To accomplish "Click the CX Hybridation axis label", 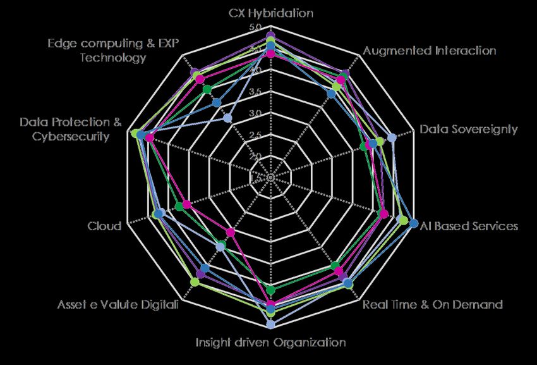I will pyautogui.click(x=270, y=13).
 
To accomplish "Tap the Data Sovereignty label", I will pyautogui.click(x=468, y=129).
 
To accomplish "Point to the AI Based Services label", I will pyautogui.click(x=469, y=226).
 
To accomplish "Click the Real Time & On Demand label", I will pyautogui.click(x=433, y=304).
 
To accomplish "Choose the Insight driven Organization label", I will pyautogui.click(x=270, y=343).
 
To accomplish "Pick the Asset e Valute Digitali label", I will pyautogui.click(x=118, y=304).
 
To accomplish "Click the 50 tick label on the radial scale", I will pyautogui.click(x=258, y=28).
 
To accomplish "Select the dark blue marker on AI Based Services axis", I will pyautogui.click(x=413, y=223).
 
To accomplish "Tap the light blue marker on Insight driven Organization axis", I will pyautogui.click(x=270, y=325).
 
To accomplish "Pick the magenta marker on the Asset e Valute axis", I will pyautogui.click(x=231, y=232).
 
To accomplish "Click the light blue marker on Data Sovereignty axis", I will pyautogui.click(x=392, y=138).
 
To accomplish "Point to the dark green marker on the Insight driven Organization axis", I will pyautogui.click(x=271, y=290).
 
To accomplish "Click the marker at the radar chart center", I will pyautogui.click(x=270, y=178).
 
